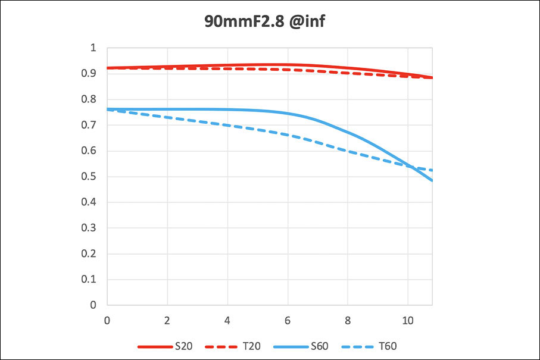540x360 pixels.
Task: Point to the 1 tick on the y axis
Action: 92,48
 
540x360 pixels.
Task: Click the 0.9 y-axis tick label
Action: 89,74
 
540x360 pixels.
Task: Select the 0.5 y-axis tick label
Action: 89,177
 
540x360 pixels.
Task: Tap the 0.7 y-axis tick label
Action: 89,125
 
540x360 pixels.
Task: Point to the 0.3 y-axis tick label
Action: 89,228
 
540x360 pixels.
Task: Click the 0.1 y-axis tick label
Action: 89,279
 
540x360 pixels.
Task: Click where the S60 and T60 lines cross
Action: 411,165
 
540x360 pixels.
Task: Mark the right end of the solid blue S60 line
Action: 432,180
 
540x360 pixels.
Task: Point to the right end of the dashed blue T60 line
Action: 432,171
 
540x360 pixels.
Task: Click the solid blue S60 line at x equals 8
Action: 348,132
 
